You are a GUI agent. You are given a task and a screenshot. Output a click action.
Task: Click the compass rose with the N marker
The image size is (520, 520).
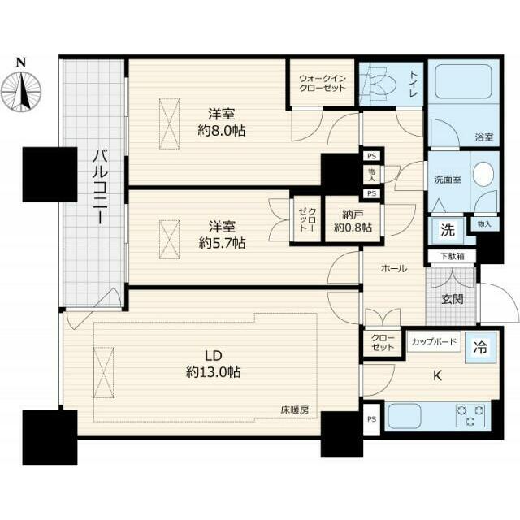[x=21, y=90]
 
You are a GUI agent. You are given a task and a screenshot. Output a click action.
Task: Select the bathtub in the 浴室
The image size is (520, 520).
[x=463, y=81]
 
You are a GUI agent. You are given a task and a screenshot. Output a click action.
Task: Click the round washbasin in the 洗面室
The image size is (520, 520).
[x=483, y=175]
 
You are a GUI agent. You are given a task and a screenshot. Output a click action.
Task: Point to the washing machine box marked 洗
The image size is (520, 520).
[x=448, y=230]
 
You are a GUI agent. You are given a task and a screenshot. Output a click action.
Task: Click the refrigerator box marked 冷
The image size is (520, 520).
[x=480, y=347]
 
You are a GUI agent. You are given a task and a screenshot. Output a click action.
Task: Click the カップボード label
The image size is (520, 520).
[x=434, y=341]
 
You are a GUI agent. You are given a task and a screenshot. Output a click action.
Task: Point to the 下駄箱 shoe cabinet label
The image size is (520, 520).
[x=453, y=256]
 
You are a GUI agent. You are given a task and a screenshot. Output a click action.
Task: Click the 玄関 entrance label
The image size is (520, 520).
[x=453, y=299]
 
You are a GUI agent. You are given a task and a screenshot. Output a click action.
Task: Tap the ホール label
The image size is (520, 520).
[x=394, y=268]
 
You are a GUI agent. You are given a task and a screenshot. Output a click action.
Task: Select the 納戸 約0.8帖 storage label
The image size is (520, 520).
[x=353, y=221]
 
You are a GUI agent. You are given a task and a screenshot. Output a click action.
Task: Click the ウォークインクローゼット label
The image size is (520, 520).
[x=323, y=83]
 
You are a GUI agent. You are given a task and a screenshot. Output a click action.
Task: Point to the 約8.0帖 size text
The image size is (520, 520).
[x=222, y=131]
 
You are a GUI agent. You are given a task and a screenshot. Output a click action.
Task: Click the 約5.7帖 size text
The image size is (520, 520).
[x=222, y=244]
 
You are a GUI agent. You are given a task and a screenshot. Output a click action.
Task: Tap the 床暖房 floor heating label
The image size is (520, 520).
[x=295, y=410]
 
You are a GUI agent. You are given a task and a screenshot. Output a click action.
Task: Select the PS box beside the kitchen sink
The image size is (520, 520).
[x=372, y=419]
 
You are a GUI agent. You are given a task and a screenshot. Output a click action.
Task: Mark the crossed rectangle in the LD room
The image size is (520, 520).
[x=104, y=372]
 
